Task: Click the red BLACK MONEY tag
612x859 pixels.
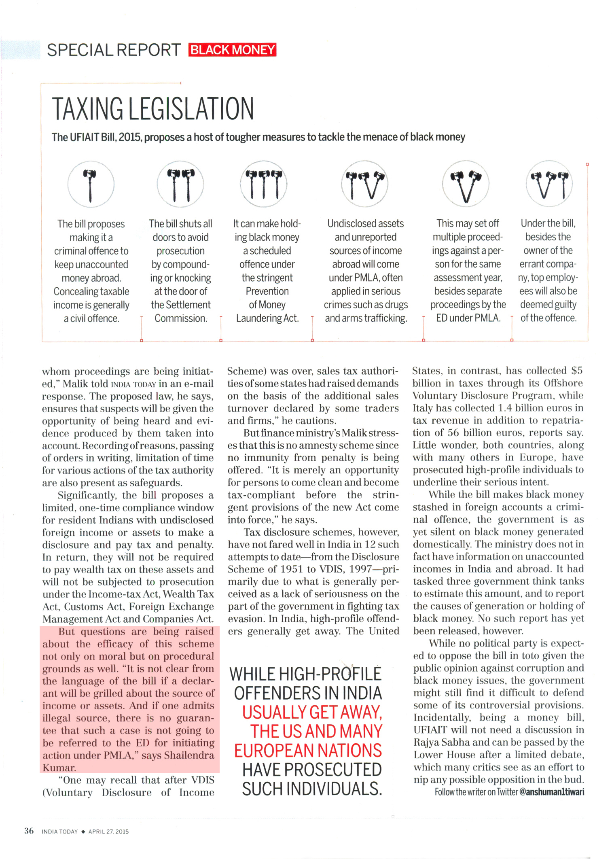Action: (232, 50)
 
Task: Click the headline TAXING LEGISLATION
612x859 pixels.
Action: (152, 109)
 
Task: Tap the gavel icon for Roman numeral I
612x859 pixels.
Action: (91, 185)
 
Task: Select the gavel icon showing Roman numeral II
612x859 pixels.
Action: (180, 185)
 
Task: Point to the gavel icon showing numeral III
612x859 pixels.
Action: (264, 185)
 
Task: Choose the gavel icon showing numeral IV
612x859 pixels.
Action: (365, 185)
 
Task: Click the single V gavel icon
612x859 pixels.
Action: (466, 185)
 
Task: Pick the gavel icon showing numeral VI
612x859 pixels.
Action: (549, 185)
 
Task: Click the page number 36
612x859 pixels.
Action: (29, 831)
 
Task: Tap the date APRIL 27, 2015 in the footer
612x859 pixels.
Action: (108, 831)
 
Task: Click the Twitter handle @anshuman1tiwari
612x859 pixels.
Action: (551, 792)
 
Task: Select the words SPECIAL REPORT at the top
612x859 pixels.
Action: (114, 50)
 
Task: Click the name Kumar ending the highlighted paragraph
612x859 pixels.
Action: (59, 768)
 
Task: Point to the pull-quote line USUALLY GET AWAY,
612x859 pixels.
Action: (312, 712)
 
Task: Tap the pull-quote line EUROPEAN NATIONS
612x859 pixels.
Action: (308, 751)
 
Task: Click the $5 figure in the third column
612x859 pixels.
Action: (577, 371)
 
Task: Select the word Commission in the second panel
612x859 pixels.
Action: (180, 318)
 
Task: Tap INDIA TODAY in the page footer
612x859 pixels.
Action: (59, 831)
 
